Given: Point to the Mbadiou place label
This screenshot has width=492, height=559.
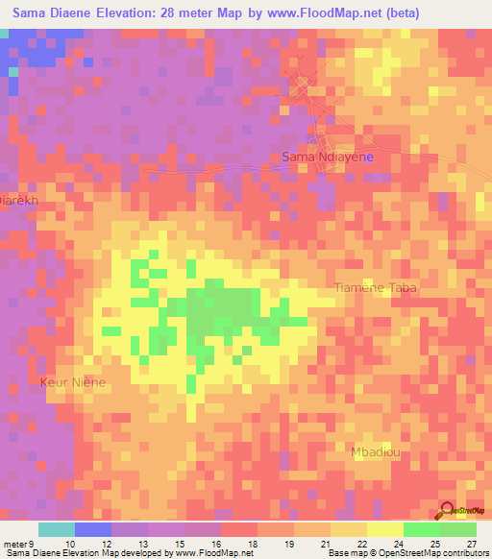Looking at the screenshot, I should (376, 451).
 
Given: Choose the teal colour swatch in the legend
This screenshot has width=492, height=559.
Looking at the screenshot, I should (56, 529).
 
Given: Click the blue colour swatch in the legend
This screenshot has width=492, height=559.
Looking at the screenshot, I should (92, 529).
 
